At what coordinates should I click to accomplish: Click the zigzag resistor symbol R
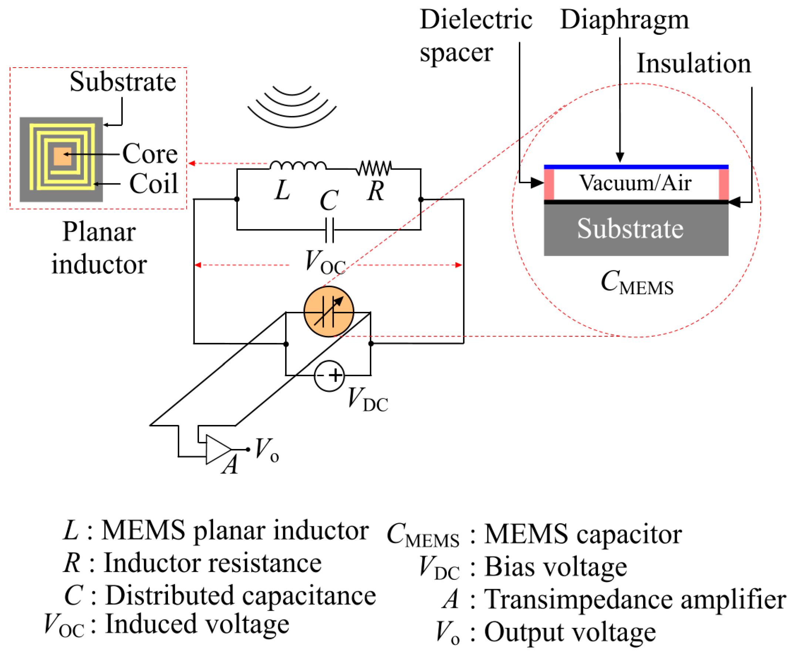374,168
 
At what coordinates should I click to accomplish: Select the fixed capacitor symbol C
329,230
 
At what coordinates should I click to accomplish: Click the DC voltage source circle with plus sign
329,375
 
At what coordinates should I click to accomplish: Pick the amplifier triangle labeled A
217,449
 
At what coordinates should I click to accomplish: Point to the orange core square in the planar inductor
62,156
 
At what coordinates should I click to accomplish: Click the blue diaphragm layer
636,167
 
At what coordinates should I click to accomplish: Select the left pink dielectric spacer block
549,184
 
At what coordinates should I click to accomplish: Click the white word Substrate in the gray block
630,229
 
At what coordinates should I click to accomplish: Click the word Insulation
693,64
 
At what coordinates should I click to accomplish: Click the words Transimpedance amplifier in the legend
635,600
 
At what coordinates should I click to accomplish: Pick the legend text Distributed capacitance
240,596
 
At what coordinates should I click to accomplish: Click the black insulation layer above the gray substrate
636,202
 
